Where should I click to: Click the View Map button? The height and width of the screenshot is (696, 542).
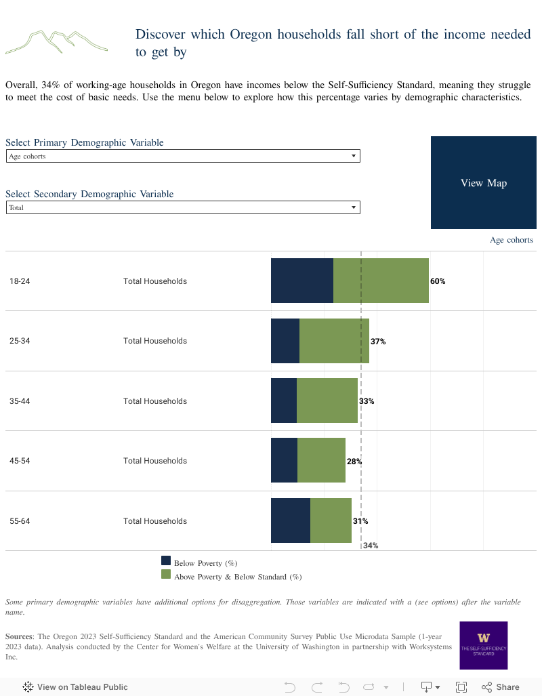point(483,183)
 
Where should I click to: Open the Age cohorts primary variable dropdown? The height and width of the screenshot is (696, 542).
point(183,156)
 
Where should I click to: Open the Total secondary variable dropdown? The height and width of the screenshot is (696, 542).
point(183,207)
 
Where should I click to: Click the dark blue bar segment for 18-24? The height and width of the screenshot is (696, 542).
point(301,281)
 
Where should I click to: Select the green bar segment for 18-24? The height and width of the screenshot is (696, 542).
point(381,281)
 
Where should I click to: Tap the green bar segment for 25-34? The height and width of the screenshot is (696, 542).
point(334,341)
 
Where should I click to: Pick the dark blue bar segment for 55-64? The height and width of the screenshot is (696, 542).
point(290,520)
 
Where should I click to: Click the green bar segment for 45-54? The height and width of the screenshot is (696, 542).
point(321,460)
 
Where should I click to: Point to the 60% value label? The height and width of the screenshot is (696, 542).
point(438,281)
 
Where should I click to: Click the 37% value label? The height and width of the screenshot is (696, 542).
point(378,342)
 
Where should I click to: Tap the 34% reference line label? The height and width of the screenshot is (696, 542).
point(371,546)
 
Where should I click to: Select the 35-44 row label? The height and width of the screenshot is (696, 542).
point(20,401)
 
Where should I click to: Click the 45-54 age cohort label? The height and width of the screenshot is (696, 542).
point(20,461)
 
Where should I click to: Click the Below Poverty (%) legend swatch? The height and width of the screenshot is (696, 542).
point(166,560)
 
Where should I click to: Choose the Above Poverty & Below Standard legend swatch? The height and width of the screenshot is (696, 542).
point(166,574)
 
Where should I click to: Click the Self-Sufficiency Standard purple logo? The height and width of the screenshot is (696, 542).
point(483,645)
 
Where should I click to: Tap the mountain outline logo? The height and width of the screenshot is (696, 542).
point(56,42)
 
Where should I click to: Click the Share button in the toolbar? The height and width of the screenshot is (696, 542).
point(500,687)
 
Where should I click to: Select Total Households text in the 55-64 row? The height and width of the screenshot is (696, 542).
point(155,521)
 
